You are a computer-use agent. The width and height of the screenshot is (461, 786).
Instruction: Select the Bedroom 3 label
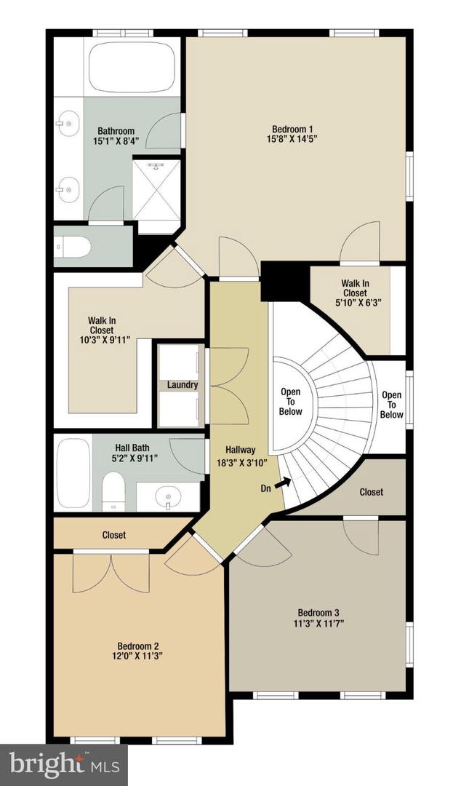coord(318,612)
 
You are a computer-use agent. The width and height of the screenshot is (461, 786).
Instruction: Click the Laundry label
coord(183,384)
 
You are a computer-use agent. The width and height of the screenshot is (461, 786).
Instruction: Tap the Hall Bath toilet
coord(113,491)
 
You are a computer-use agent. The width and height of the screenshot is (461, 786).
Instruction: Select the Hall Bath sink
coord(168,498)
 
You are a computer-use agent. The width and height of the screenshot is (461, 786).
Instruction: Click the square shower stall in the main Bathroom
coord(156,189)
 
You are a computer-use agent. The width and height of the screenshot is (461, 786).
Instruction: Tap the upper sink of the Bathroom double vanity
coord(68,124)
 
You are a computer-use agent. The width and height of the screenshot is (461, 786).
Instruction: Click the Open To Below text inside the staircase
coord(290,402)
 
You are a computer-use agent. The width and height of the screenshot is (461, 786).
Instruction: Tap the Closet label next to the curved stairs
coord(371,492)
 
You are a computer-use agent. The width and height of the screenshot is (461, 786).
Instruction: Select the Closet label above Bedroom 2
coord(113,535)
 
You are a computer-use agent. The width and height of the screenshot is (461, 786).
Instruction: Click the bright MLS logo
coord(63,764)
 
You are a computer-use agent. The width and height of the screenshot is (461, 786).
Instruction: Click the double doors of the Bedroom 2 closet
coord(111,573)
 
